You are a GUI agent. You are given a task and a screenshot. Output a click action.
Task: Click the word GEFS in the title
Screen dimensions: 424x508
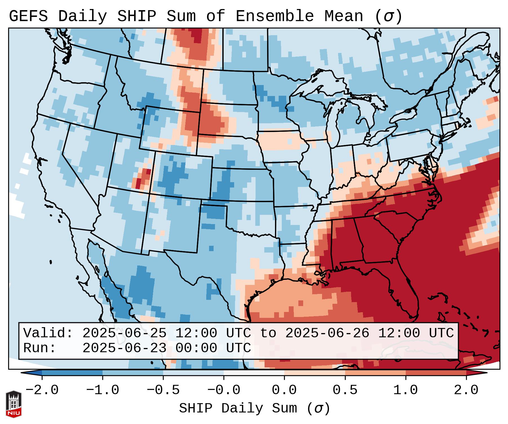pos(28,16)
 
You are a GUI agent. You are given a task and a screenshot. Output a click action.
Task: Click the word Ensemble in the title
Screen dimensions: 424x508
pos(275,16)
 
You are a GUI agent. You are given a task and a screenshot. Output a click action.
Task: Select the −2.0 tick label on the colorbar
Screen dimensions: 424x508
pos(42,390)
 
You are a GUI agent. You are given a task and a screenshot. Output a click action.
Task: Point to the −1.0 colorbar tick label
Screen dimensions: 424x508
pos(103,390)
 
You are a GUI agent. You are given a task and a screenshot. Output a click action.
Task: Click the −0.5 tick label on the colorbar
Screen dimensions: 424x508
pos(163,390)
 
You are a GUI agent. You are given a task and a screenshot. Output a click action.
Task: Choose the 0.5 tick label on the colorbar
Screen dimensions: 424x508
pos(345,390)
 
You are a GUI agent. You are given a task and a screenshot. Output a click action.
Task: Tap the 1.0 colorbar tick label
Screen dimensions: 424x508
pos(405,390)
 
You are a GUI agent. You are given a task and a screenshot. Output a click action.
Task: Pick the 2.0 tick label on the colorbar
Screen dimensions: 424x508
pos(466,390)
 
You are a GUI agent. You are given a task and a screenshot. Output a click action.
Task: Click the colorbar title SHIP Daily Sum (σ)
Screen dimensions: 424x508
pos(254,409)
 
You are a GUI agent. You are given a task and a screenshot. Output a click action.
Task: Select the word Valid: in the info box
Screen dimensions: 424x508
pos(48,333)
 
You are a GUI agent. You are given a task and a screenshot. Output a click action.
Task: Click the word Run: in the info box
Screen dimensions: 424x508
pos(40,348)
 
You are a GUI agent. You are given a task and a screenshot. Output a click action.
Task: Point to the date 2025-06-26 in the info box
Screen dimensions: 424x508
pos(327,333)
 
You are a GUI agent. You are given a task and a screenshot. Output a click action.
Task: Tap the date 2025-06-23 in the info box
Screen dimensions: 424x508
pos(124,348)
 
